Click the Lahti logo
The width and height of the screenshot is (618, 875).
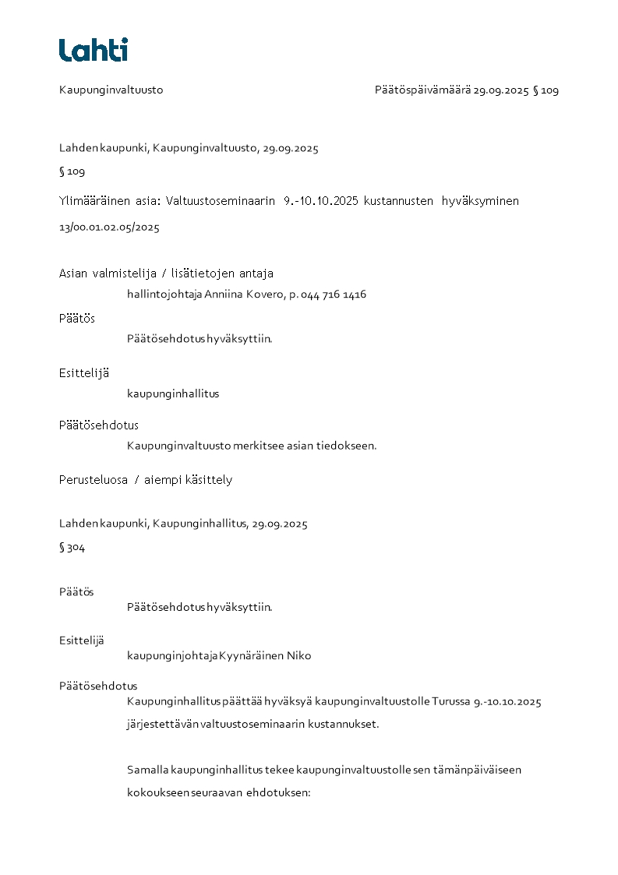[94, 50]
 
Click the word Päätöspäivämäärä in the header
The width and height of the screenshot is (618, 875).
[422, 90]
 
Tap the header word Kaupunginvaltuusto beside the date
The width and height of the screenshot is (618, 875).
[111, 90]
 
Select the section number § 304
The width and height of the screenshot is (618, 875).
[72, 548]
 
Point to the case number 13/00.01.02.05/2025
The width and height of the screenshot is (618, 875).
[109, 228]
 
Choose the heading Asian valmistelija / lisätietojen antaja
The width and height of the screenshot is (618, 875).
[166, 273]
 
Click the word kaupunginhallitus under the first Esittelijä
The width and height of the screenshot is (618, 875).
[173, 393]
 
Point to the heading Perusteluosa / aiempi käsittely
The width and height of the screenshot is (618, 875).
[146, 480]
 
